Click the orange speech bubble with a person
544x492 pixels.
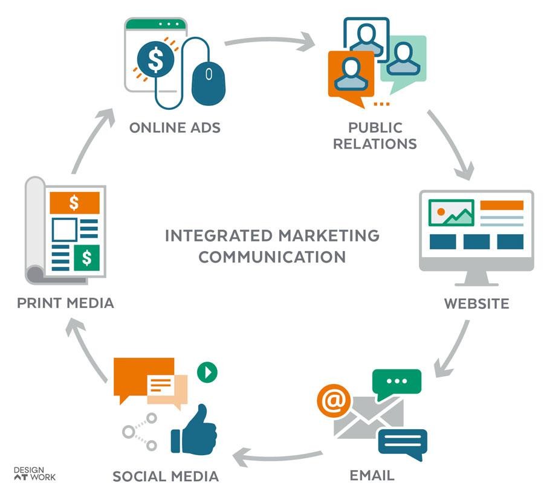347,74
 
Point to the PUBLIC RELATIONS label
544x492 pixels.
375,135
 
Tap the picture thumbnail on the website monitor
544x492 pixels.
451,212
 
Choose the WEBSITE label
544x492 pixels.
476,302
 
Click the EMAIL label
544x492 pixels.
372,474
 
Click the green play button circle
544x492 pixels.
207,372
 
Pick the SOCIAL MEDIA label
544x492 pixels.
165,476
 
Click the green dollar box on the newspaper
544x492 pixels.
87,258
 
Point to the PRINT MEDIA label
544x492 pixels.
65,302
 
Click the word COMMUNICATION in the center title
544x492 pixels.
272,256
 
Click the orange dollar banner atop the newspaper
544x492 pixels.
74,203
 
